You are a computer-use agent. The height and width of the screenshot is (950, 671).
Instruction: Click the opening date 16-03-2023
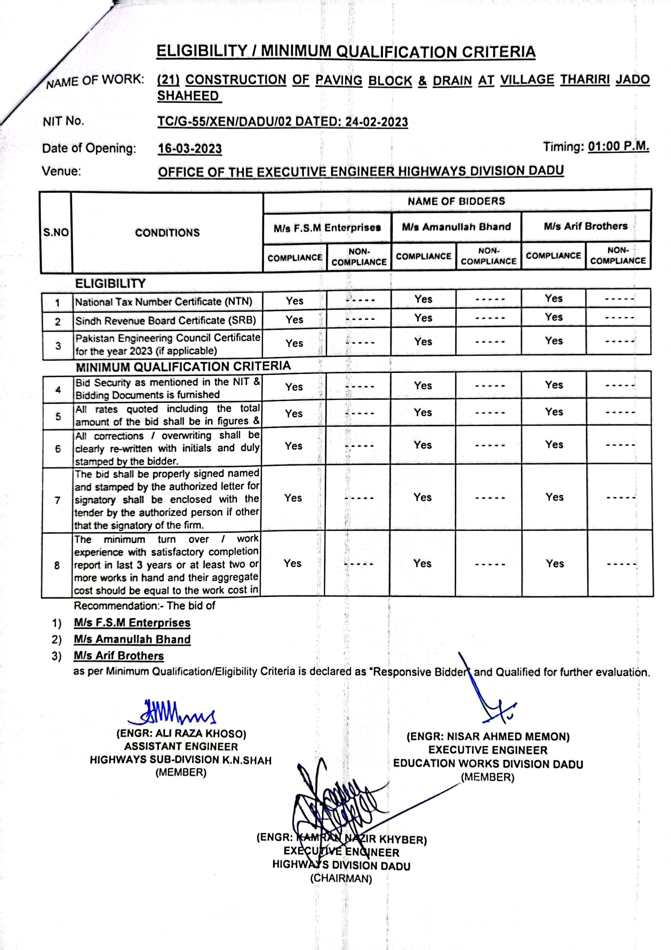pos(190,148)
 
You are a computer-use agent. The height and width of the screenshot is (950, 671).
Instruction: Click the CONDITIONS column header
pos(167,232)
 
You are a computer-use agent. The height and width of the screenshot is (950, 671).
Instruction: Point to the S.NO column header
pos(56,232)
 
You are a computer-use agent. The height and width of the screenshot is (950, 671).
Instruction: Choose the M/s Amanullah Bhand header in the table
pos(456,227)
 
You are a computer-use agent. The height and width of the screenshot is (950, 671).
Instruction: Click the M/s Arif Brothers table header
pos(585,226)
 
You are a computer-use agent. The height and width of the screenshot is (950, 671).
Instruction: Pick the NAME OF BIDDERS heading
pos(456,202)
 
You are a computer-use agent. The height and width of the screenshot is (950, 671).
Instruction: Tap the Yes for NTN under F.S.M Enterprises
pos(294,301)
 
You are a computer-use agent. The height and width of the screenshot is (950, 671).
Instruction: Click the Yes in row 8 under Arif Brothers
pos(554,564)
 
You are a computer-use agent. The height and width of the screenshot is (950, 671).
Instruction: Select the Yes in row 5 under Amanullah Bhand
pos(423,413)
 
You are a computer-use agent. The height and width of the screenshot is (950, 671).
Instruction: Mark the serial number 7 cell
pos(57,500)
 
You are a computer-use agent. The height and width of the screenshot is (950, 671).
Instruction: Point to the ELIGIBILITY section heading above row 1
pos(111,284)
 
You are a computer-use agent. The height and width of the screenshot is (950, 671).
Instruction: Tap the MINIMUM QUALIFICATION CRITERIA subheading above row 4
pos(183,366)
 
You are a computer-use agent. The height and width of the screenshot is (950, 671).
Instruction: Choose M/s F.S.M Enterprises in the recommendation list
pos(132,623)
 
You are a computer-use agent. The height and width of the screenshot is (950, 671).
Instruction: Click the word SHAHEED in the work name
pos(188,96)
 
